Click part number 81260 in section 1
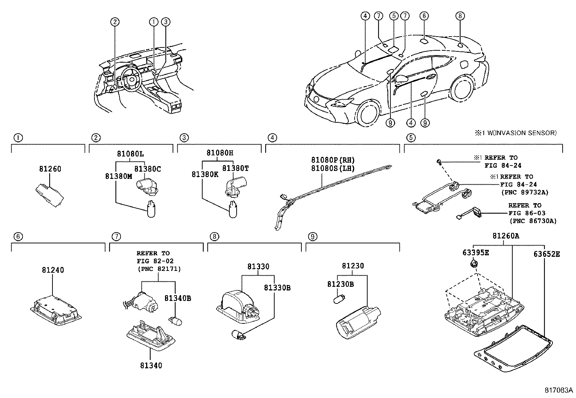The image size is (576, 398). click(50, 169)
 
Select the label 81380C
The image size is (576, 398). click(148, 169)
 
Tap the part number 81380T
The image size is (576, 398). click(236, 168)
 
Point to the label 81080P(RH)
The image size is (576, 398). click(333, 160)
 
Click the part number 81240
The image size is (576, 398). click(53, 270)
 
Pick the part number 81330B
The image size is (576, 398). click(277, 288)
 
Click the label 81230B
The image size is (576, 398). click(340, 284)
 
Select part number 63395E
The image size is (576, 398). click(475, 253)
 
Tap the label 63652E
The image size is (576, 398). click(546, 254)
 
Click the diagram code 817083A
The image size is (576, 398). click(559, 390)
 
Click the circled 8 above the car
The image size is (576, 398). click(459, 16)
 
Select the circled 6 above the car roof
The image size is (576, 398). click(424, 16)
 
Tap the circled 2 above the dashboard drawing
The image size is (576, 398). click(115, 22)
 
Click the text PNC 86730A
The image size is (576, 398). click(533, 221)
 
